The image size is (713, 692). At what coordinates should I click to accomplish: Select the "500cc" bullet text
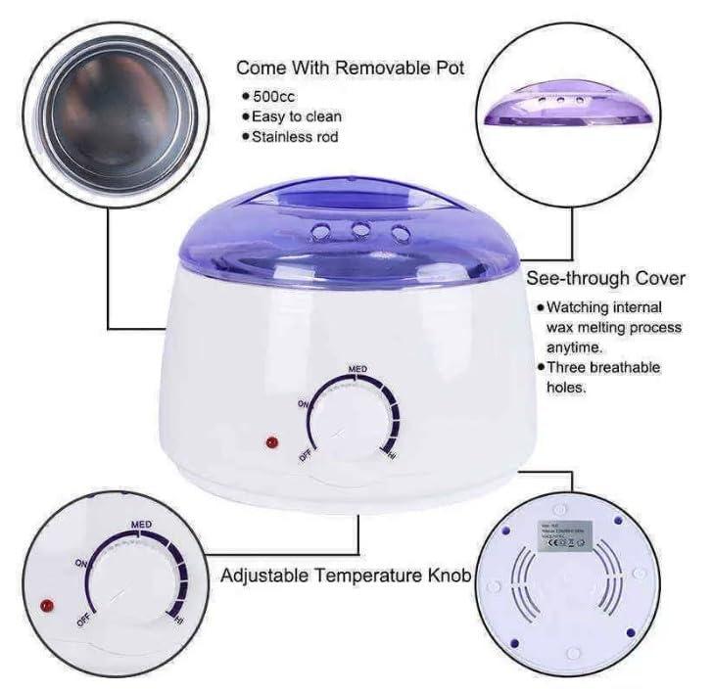(281, 97)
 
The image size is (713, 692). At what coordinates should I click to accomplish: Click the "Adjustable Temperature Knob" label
(345, 576)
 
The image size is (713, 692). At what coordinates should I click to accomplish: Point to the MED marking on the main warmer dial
(358, 369)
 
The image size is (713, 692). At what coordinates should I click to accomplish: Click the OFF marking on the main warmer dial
(306, 453)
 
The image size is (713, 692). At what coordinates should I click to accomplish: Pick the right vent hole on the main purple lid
(400, 232)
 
